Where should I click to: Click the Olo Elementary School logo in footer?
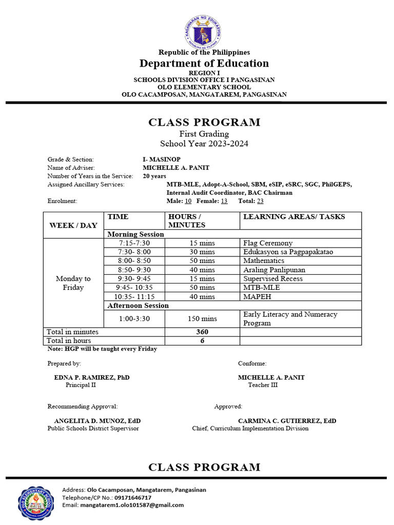pos(36,502)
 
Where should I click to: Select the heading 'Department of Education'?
pos(204,64)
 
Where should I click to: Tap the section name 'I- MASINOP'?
pos(162,159)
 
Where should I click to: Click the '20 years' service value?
pos(154,176)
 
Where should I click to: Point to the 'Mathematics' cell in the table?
pos(264,260)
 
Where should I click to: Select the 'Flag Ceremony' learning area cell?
pos(268,243)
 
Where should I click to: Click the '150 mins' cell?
pos(202,318)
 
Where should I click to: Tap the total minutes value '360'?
pos(202,332)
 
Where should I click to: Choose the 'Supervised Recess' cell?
pos(273,278)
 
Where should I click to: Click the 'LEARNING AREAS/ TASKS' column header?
pos(294,217)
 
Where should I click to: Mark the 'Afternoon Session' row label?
pos(138,306)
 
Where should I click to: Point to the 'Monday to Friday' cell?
pos(73,283)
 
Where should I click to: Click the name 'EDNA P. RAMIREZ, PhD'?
pos(92,377)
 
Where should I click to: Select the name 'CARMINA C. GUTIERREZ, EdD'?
pos(287,421)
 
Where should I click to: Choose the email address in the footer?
pos(132,505)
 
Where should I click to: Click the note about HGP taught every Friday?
pos(102,349)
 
